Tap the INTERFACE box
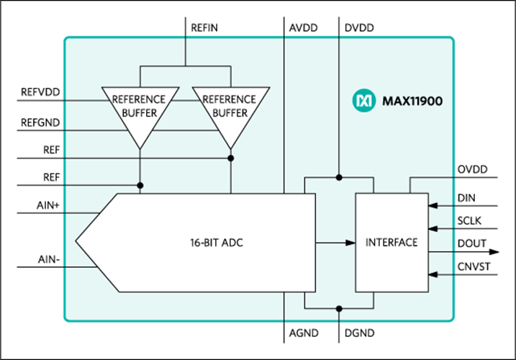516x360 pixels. (x=391, y=243)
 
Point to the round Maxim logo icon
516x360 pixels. (x=363, y=102)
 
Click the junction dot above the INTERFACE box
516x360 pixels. (x=339, y=176)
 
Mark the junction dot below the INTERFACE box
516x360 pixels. (x=339, y=308)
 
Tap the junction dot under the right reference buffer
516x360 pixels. (x=230, y=158)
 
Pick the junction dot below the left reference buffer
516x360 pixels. (x=140, y=185)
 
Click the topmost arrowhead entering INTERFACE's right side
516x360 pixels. (x=433, y=206)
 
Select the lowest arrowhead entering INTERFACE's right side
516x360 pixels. (x=433, y=275)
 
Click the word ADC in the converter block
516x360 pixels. (x=232, y=243)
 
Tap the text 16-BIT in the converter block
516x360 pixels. (x=199, y=243)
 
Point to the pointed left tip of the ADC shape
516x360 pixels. (x=76, y=243)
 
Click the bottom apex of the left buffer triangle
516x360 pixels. (x=140, y=148)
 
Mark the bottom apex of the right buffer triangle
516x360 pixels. (x=230, y=148)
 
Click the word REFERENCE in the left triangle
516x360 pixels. (x=140, y=99)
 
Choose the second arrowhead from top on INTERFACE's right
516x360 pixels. (x=433, y=229)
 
